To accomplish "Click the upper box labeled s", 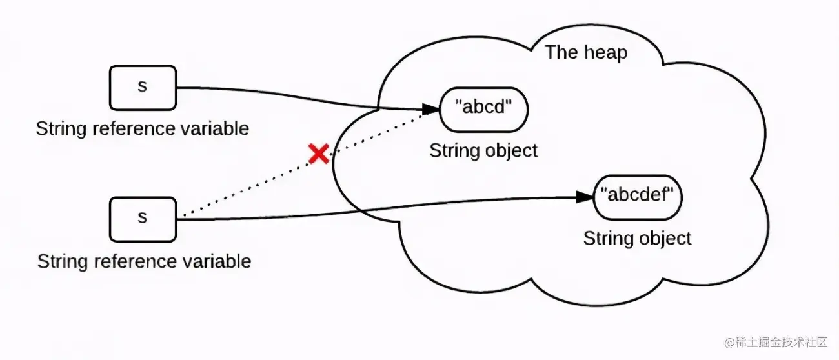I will [x=143, y=87].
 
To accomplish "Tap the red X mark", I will [x=318, y=154].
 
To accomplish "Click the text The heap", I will [x=585, y=52].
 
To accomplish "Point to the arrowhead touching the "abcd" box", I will [x=430, y=109].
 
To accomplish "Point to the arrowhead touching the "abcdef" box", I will [x=585, y=197].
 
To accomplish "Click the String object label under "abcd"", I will [x=483, y=151].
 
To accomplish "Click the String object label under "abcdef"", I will [x=637, y=238].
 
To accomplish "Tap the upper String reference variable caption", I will [x=142, y=128].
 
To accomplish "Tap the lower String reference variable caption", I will [x=144, y=261].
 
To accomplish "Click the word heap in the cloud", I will [x=605, y=52].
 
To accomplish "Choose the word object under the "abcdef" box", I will [x=665, y=238].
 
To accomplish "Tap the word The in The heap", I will [x=560, y=52].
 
